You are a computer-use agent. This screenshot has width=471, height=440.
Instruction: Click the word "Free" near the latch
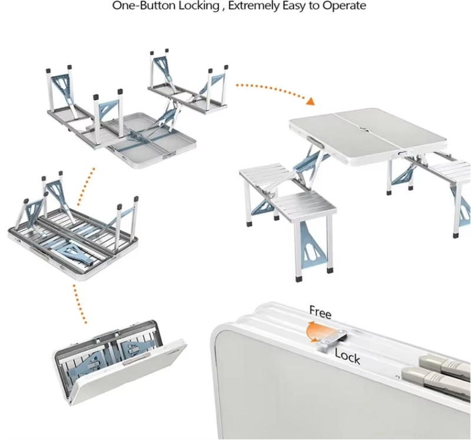tap(320, 312)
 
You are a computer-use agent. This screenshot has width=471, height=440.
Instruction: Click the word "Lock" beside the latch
tap(347, 356)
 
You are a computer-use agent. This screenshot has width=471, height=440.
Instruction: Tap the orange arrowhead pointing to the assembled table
tap(311, 101)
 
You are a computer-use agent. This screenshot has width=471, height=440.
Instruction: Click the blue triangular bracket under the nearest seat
tap(314, 246)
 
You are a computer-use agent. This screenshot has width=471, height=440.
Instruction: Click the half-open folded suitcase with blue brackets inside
tap(120, 362)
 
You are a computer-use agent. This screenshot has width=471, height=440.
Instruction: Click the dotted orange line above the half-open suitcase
tap(79, 303)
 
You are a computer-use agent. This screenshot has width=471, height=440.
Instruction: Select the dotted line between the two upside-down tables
tap(86, 186)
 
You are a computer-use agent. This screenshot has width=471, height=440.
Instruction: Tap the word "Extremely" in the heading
tap(254, 6)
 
